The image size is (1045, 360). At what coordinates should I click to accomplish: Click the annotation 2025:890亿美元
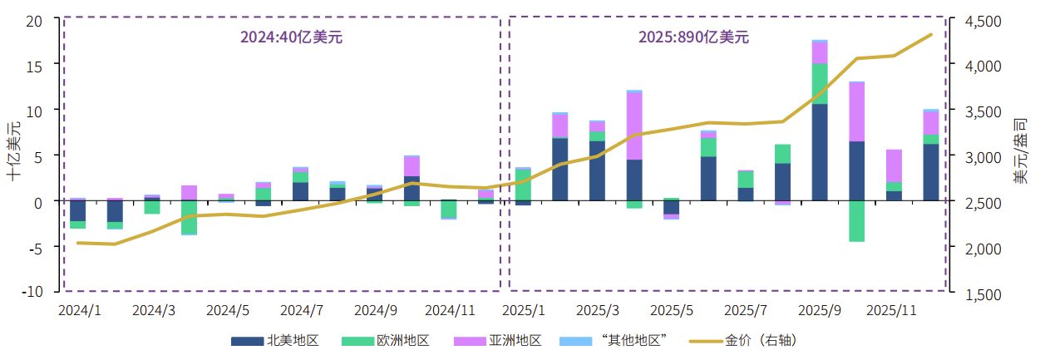click(693, 37)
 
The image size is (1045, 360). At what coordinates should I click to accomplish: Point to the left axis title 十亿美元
click(14, 151)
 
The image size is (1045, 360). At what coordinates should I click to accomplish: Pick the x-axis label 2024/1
click(79, 310)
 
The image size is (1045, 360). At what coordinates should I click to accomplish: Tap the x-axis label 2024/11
click(449, 310)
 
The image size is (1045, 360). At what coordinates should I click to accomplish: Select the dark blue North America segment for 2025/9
click(820, 152)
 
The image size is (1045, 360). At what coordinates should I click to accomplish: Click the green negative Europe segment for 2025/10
click(856, 221)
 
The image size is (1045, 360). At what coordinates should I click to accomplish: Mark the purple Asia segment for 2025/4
click(634, 126)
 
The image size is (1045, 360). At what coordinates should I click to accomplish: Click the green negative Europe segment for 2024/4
click(190, 217)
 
